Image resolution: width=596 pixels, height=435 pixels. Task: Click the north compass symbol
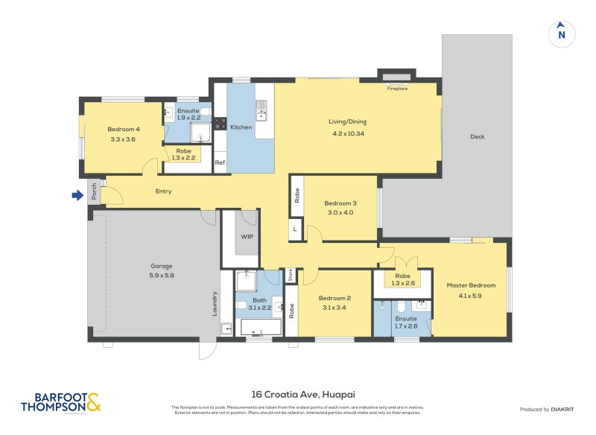point(561,34)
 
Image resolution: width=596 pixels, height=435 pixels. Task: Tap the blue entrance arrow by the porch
point(77,196)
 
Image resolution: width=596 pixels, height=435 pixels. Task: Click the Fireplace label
point(397,89)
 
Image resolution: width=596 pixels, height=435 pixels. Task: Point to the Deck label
point(477,136)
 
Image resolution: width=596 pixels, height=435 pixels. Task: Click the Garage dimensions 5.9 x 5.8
point(162,276)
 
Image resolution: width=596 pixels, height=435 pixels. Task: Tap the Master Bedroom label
point(470,285)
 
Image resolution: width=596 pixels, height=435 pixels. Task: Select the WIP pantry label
point(247,237)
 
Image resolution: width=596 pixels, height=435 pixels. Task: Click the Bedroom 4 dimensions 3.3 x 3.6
point(123,139)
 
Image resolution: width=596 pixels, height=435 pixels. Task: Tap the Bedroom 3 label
point(340,203)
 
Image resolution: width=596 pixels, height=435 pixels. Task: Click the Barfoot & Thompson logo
point(60,402)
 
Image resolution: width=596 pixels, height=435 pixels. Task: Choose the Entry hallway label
point(163,191)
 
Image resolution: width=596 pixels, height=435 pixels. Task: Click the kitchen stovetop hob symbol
point(220,124)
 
